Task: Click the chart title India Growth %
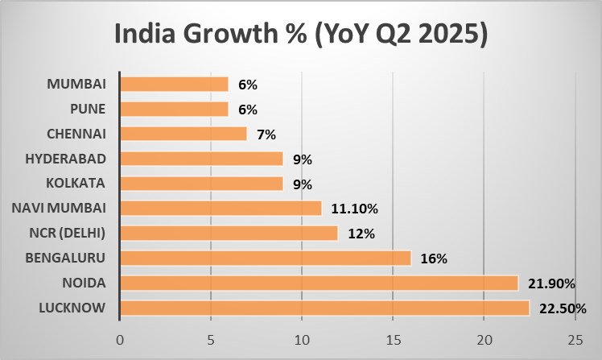301,35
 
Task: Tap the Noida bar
319,283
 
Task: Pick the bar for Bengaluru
266,258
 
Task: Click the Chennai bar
183,133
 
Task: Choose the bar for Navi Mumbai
221,208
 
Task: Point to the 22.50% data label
563,308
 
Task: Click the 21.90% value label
551,283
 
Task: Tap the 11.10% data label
355,209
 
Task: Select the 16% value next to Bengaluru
433,259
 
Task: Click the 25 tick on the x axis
575,339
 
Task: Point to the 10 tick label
302,339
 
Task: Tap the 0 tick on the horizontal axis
120,339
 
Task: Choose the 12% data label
361,234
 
